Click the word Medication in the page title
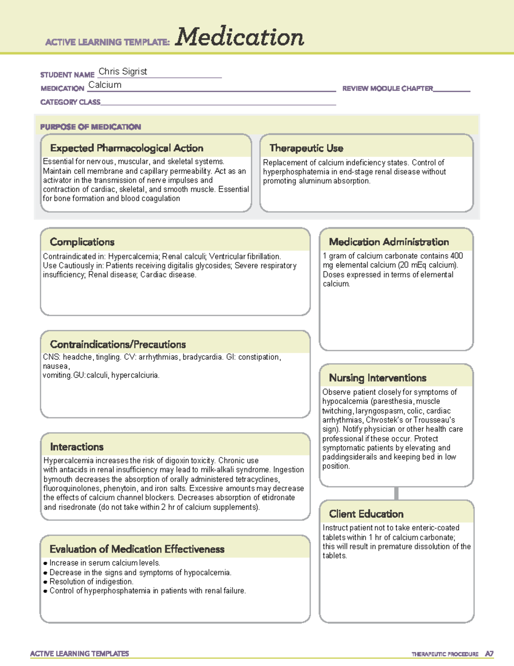click(239, 37)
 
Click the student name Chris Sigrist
click(123, 72)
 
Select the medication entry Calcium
click(105, 85)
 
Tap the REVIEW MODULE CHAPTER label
click(388, 88)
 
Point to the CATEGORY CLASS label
click(70, 102)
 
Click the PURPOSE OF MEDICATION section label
click(90, 127)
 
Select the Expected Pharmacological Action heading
click(126, 148)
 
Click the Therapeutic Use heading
click(306, 148)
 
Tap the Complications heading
click(82, 242)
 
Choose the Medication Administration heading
click(388, 242)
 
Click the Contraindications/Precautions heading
click(118, 344)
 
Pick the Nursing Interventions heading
click(377, 378)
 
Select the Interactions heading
click(77, 447)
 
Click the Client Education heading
click(366, 514)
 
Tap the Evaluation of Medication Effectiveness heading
click(137, 549)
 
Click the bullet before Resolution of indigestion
click(45, 582)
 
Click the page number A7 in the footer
click(489, 654)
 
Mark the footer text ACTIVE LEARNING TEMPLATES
click(80, 654)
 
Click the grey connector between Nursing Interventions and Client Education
click(396, 493)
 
